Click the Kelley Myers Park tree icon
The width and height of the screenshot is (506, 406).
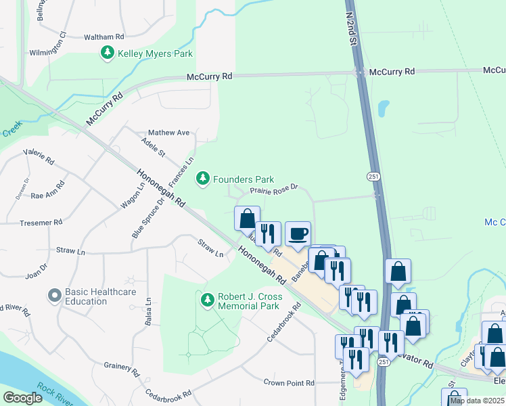click(x=107, y=53)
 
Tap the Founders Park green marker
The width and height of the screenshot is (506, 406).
click(x=202, y=179)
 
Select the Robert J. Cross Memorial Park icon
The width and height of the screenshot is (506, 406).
click(x=207, y=298)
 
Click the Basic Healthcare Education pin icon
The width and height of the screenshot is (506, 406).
click(x=54, y=296)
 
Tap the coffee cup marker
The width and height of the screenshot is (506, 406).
click(x=298, y=234)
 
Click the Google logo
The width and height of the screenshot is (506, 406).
click(x=22, y=398)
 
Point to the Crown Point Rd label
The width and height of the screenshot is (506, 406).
click(x=289, y=383)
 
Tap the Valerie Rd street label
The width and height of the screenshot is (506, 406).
click(x=39, y=157)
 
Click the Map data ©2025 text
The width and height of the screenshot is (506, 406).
click(x=477, y=401)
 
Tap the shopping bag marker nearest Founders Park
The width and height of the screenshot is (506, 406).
click(x=247, y=219)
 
